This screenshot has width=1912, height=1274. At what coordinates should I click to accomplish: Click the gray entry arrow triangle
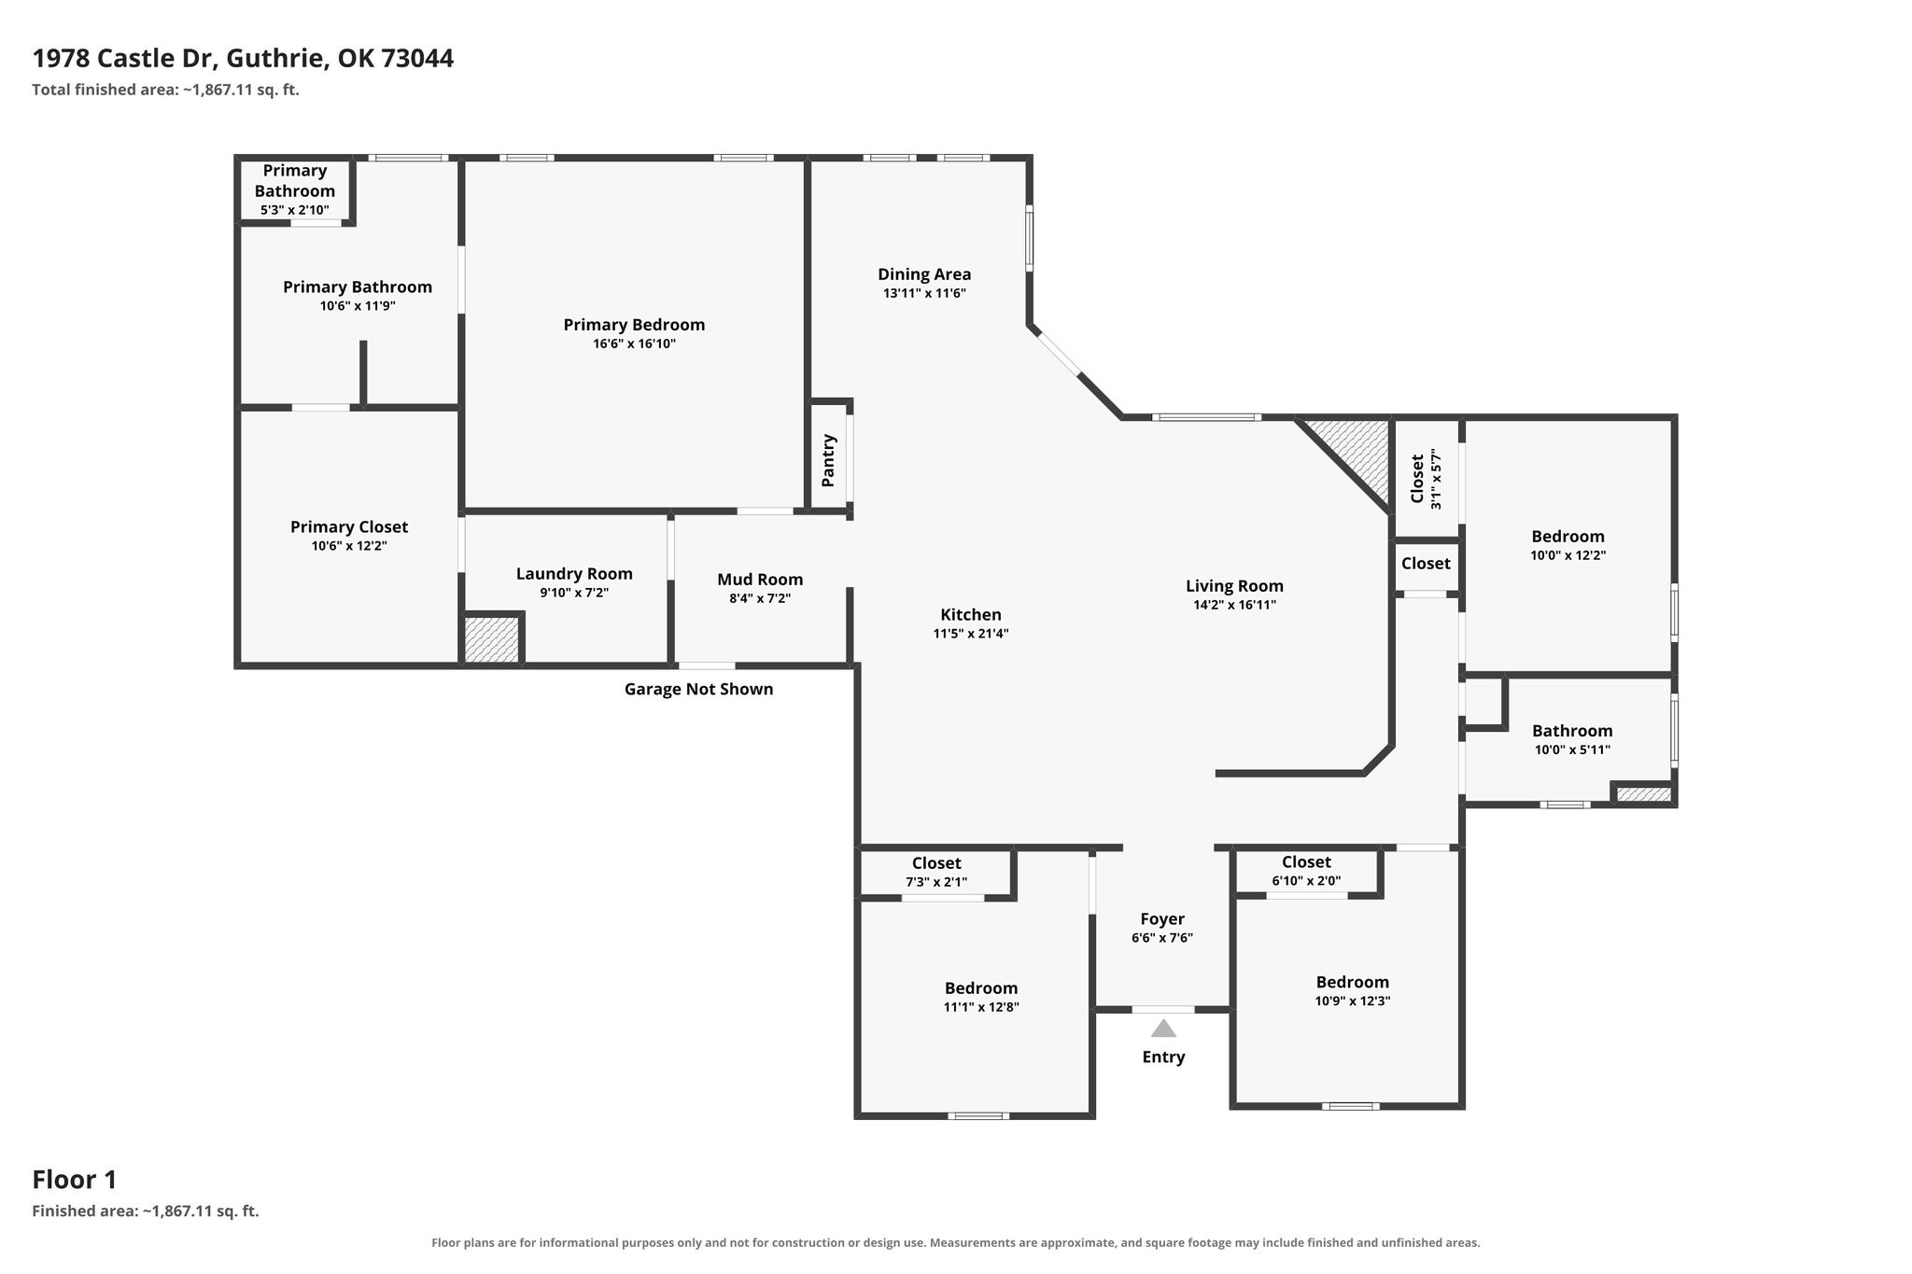1163,1029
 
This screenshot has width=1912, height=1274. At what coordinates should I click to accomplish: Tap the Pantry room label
828,460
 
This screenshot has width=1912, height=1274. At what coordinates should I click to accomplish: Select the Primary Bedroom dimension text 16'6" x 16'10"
634,344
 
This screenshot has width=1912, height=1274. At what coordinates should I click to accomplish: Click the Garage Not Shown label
698,689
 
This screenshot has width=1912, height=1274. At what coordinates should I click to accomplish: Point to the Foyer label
1162,919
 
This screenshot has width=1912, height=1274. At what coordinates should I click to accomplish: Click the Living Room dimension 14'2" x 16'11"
1234,605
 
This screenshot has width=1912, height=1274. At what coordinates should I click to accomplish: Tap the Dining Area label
924,274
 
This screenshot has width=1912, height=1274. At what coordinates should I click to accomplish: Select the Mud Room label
760,580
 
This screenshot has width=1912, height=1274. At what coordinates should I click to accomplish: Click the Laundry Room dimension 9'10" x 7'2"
574,593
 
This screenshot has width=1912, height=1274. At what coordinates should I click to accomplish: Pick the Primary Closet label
349,527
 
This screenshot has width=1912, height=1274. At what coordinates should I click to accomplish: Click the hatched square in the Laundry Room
491,639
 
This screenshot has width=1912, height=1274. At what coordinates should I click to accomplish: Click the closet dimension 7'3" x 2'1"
936,882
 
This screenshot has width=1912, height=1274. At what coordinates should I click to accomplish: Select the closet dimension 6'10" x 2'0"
1306,880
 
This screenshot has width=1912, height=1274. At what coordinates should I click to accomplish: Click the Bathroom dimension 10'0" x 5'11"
1572,749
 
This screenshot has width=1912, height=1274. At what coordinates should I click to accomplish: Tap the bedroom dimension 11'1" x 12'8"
981,1007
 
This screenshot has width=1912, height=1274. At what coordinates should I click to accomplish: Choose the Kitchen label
971,615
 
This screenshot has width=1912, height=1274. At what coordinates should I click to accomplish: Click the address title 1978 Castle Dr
125,59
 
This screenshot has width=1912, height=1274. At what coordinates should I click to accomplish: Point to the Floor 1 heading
75,1180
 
